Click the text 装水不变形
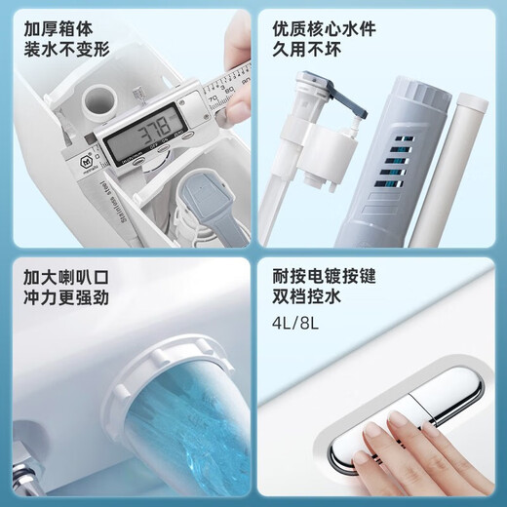pyautogui.click(x=69, y=49)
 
